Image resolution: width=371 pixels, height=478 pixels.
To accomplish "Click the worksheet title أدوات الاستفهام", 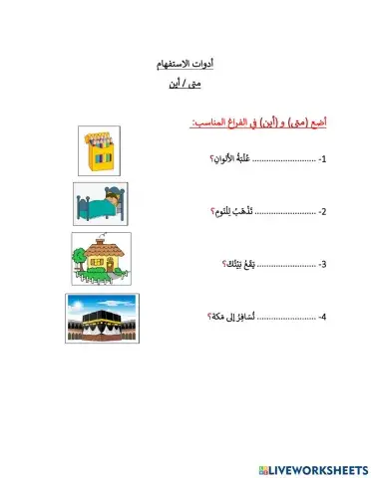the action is tap(185, 63).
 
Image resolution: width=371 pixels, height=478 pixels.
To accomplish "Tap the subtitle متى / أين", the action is tap(185, 86).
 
